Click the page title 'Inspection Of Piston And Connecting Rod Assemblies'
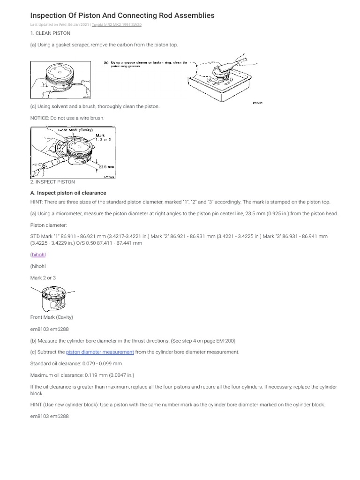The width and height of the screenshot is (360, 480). point(122,15)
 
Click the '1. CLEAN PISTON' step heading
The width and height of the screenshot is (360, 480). point(50,34)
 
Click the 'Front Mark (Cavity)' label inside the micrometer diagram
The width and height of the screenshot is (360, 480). point(75,130)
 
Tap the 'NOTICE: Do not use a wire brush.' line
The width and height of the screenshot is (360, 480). point(67,118)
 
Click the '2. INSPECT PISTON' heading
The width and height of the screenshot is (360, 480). point(52,181)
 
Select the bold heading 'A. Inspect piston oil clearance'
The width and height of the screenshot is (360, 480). point(68,193)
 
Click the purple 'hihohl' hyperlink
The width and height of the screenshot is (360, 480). point(39,255)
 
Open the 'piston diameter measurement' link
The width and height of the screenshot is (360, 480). point(100,352)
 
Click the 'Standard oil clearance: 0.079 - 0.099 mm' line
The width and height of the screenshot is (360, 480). point(76,363)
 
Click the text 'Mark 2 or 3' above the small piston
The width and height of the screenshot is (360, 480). point(43,278)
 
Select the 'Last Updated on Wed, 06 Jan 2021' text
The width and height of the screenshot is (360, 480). point(60,24)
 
